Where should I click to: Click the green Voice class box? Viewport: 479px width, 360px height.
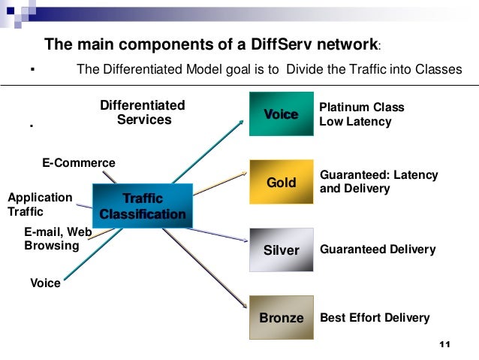click(281, 114)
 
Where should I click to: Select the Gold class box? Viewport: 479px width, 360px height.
click(281, 183)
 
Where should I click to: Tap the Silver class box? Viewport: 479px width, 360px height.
click(281, 250)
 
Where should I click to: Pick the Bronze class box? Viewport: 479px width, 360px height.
click(281, 318)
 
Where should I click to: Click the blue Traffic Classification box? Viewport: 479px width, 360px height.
click(143, 206)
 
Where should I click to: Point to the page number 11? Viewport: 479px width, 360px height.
click(443, 345)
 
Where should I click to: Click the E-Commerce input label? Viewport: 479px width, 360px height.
click(78, 163)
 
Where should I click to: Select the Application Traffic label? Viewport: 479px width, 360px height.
click(40, 204)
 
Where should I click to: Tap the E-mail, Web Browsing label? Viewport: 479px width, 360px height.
click(57, 239)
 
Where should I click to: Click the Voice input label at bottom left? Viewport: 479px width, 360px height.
click(45, 283)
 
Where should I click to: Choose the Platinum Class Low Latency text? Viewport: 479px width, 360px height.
click(362, 114)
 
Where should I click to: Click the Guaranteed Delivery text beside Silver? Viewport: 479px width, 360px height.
click(378, 250)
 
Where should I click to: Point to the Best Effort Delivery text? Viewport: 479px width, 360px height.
click(375, 318)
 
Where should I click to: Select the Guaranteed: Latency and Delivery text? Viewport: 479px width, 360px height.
click(378, 182)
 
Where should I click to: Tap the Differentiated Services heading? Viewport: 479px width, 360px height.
click(143, 113)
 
